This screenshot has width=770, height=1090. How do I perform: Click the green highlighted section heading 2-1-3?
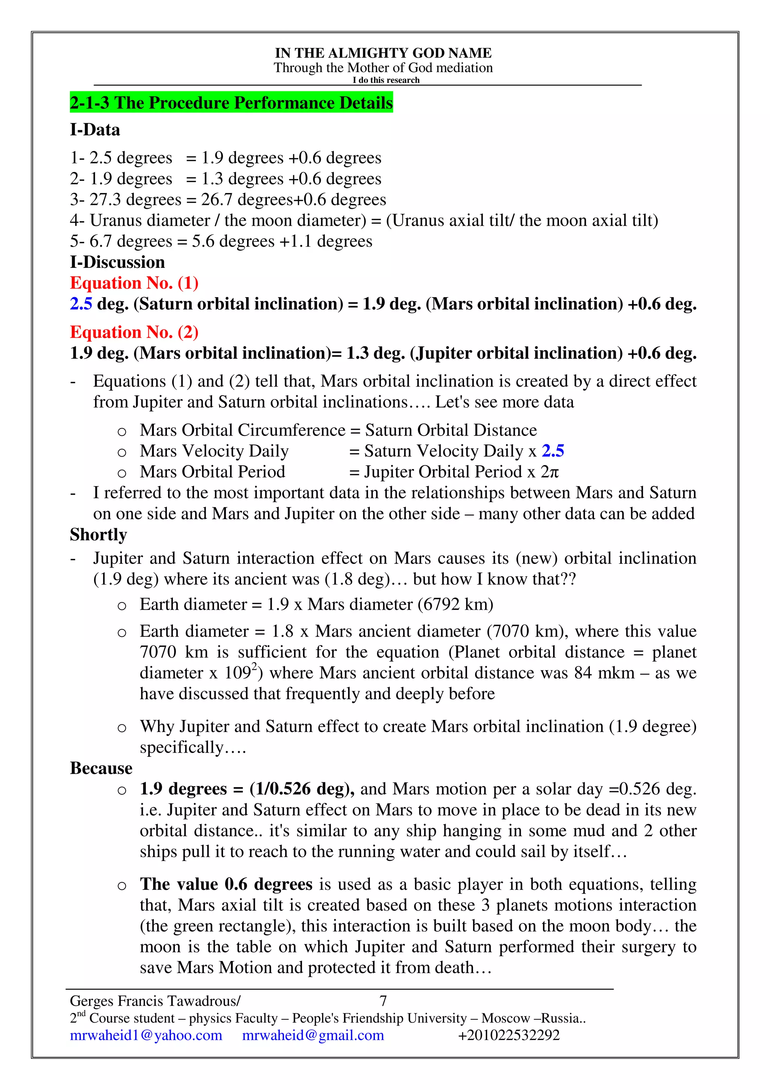coord(231,103)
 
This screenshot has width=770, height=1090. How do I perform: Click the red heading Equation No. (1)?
coord(134,283)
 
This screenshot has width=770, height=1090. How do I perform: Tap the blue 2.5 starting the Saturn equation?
coord(81,304)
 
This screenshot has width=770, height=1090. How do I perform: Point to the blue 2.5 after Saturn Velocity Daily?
coord(553,451)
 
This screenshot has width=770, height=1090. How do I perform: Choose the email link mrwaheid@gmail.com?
coord(313,1035)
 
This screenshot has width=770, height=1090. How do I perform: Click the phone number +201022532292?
coord(509,1035)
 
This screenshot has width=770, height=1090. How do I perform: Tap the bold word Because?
coord(101,768)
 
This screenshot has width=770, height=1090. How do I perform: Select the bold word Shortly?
coord(98,534)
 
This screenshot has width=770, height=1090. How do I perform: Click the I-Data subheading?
coord(95,130)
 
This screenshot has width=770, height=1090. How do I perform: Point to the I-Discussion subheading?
coord(117,262)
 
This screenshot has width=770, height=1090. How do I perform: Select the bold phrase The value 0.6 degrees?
coord(226,884)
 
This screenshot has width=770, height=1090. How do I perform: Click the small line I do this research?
coord(386,80)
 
